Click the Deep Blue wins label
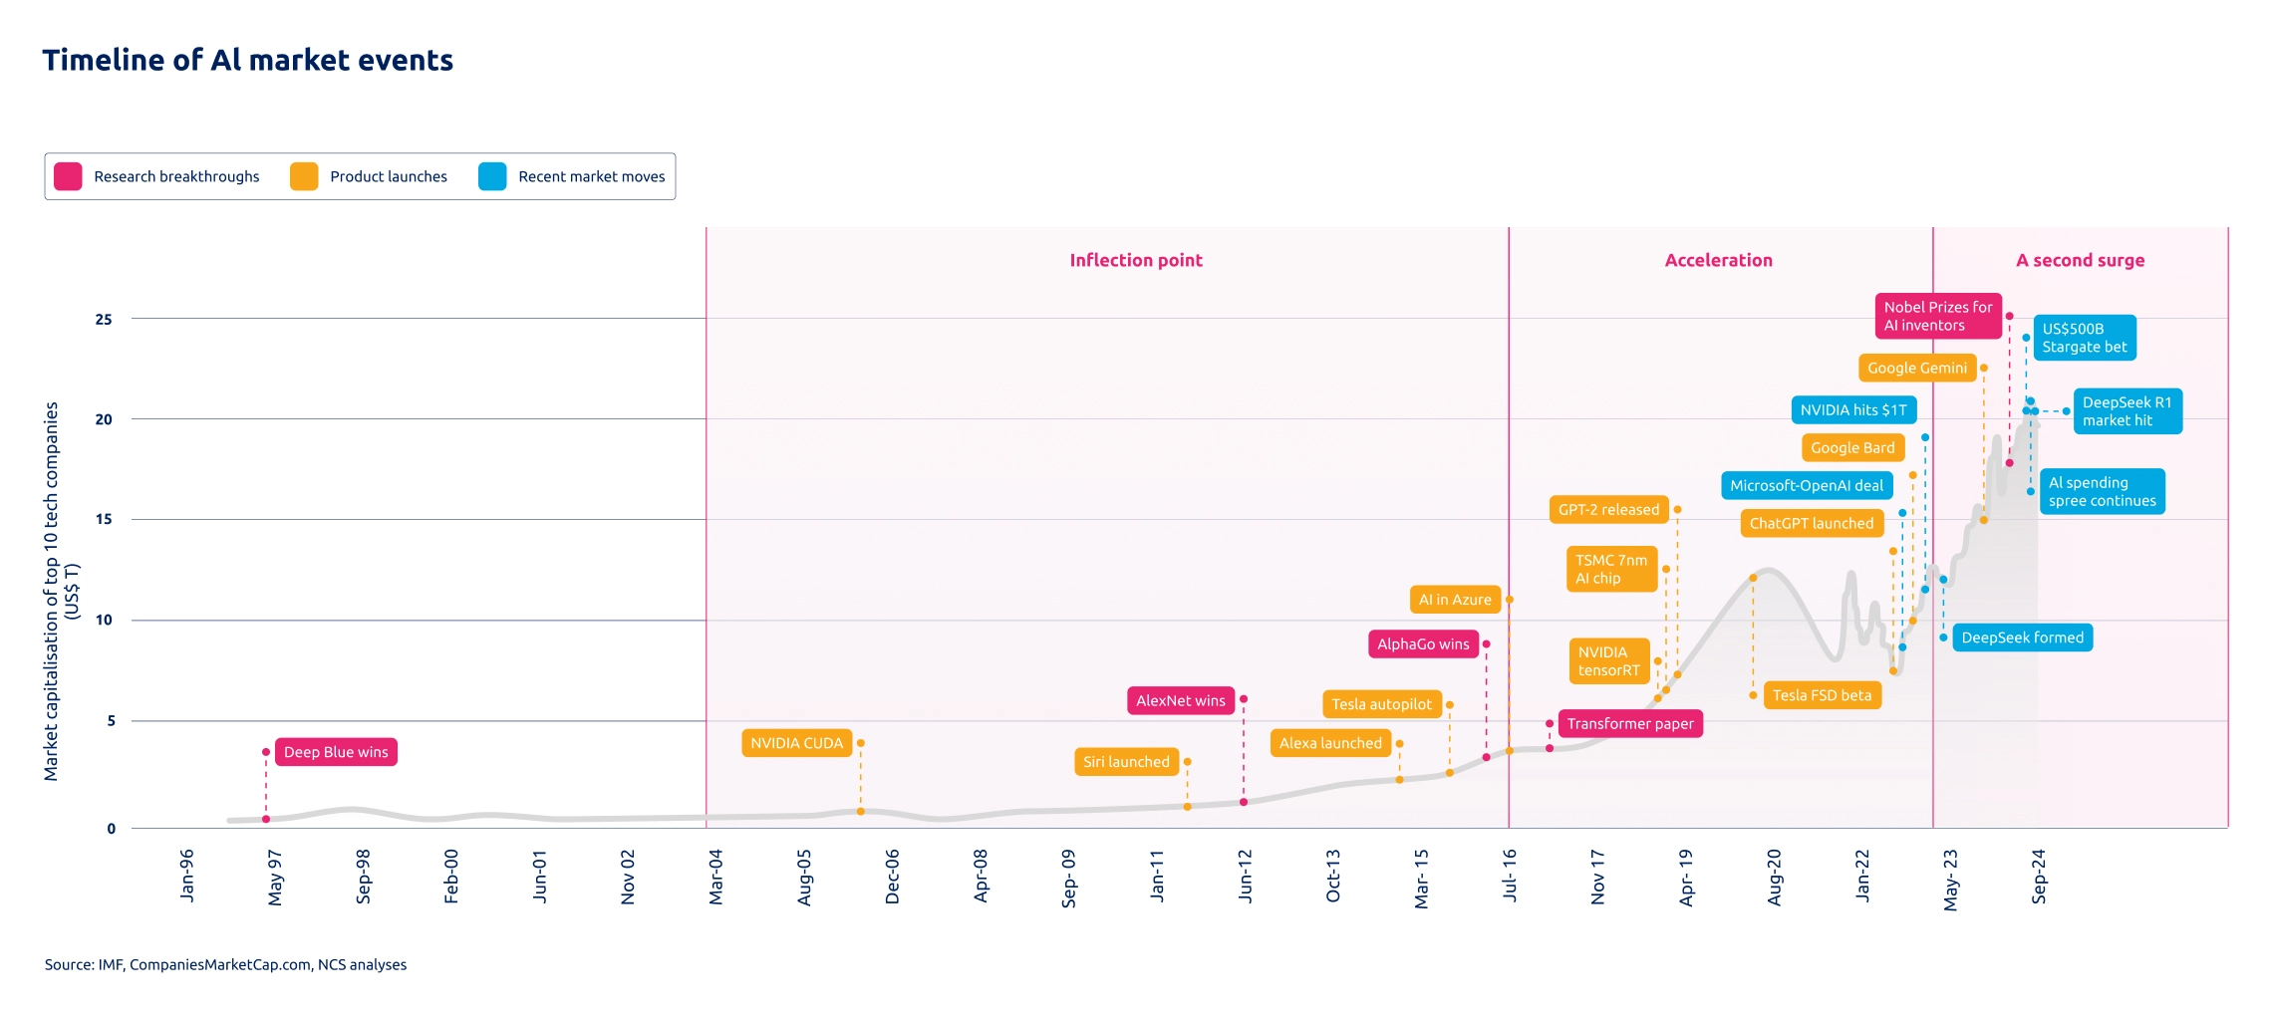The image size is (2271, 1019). [336, 752]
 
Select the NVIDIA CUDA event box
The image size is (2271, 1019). [796, 743]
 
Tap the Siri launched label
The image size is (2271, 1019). [1126, 762]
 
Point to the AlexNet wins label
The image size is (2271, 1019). [1181, 701]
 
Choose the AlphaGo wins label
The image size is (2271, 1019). [1423, 644]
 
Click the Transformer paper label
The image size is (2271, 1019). [1630, 724]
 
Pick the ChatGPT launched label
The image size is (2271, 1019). [1812, 524]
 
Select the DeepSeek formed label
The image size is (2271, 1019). [2022, 637]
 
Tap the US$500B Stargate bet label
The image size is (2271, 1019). [2084, 338]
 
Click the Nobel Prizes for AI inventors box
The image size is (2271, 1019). [1937, 317]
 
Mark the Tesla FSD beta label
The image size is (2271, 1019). [1822, 695]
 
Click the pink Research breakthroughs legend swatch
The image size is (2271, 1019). [68, 176]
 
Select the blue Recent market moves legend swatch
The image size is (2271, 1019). [492, 176]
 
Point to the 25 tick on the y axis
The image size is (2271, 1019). [104, 320]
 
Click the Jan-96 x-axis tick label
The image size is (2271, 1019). [187, 876]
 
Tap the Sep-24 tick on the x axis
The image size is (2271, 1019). [2039, 876]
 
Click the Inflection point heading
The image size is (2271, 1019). [1136, 261]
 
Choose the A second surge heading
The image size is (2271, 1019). [2080, 261]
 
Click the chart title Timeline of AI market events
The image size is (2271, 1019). [248, 61]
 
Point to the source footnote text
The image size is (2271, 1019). [225, 964]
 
